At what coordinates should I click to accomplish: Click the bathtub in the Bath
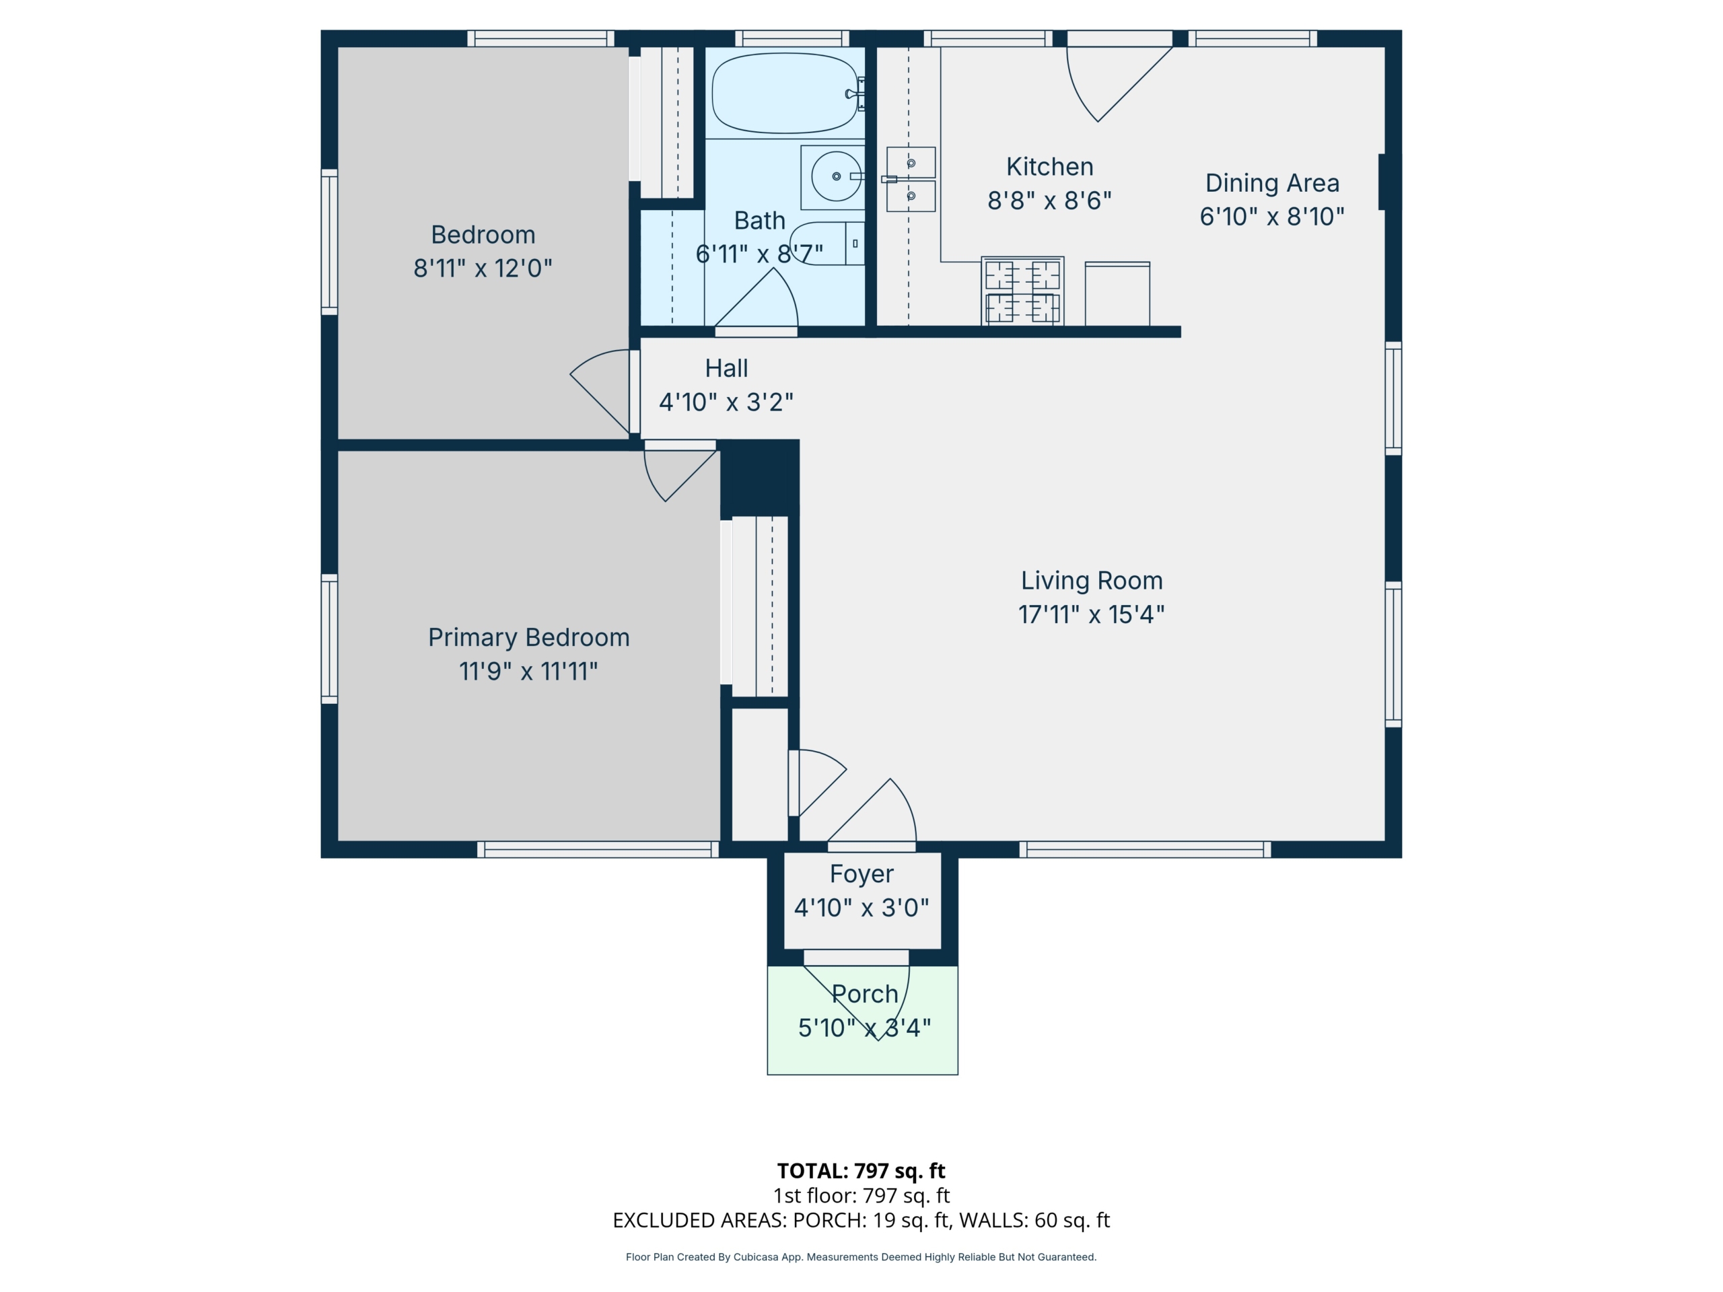click(785, 94)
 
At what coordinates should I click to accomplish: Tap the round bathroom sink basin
click(836, 177)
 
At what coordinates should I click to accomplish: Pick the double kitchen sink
click(911, 179)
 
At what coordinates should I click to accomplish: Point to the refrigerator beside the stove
click(1117, 293)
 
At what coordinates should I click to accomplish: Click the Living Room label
click(1091, 580)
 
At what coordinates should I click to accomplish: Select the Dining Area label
click(1272, 183)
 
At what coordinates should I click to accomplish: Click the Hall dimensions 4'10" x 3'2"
click(726, 402)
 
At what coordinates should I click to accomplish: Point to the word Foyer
click(861, 875)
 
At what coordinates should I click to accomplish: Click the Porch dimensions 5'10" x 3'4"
click(864, 1028)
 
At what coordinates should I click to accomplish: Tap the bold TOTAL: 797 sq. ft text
click(861, 1170)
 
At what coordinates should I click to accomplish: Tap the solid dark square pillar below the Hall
click(759, 477)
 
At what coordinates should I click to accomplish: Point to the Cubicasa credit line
click(861, 1257)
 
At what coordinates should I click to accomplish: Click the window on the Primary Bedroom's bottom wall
click(598, 850)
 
